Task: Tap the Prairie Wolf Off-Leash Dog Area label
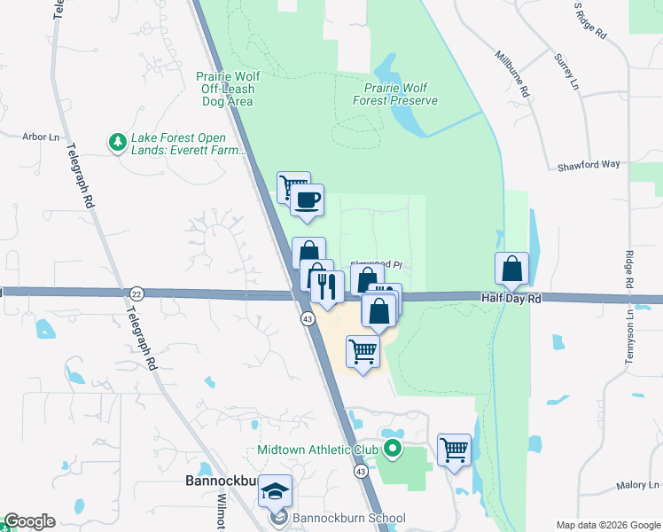pos(225,89)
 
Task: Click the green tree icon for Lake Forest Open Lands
pos(116,142)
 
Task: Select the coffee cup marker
pos(307,200)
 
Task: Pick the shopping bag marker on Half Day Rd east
pos(512,269)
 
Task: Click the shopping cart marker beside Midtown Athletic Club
pos(454,450)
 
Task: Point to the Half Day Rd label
pos(511,299)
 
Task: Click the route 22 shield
pos(136,293)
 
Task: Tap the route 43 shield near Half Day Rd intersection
pos(306,318)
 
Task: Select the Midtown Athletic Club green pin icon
pos(391,450)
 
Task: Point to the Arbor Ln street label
pos(41,137)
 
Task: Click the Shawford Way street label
pos(589,165)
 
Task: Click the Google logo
pos(29,521)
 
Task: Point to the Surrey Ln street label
pos(565,72)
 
